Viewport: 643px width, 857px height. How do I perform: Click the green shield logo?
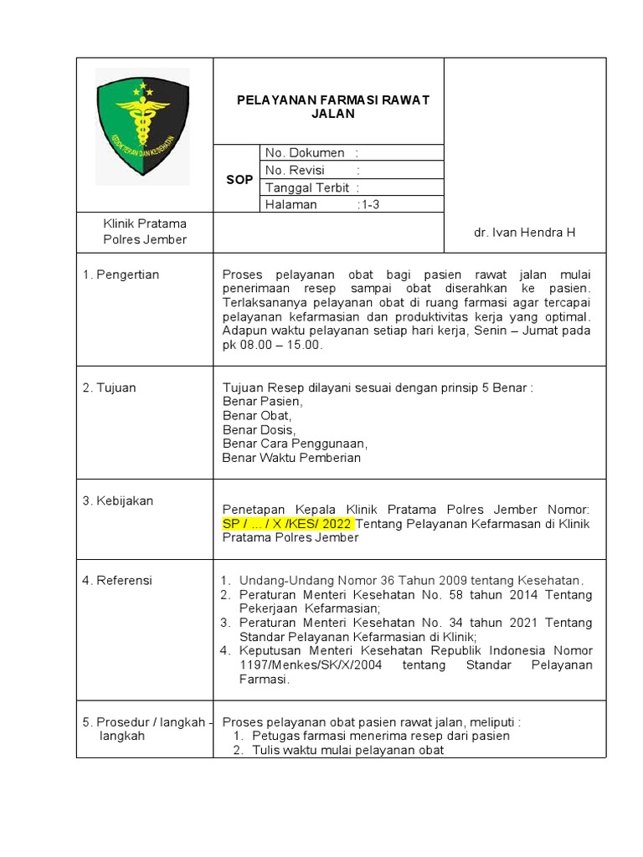click(143, 125)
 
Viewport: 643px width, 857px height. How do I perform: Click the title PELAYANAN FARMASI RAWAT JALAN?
click(332, 107)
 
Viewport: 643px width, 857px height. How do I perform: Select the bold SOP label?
click(239, 180)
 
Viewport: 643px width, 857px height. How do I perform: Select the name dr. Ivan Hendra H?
click(524, 232)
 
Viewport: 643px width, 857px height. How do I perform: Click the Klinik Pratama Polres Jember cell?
click(145, 232)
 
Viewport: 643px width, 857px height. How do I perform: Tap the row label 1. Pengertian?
click(121, 275)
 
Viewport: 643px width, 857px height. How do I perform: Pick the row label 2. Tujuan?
click(109, 387)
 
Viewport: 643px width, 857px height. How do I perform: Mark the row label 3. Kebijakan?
click(118, 500)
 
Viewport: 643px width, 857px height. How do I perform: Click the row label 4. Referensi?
click(117, 580)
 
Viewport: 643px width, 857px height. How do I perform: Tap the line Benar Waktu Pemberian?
click(291, 458)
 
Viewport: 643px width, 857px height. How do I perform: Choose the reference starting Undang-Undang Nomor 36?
click(410, 580)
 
